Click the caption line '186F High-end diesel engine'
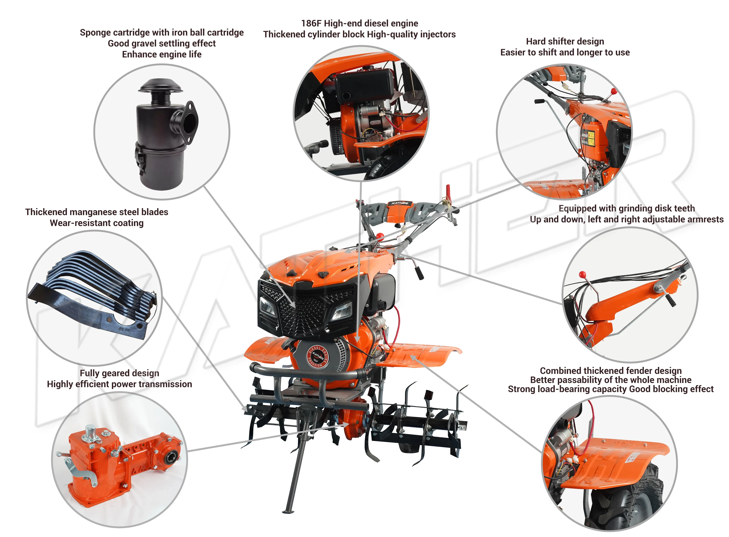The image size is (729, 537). [359, 23]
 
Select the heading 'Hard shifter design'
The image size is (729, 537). [565, 42]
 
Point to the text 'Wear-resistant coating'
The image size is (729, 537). [97, 223]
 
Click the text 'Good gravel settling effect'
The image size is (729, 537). [161, 44]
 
